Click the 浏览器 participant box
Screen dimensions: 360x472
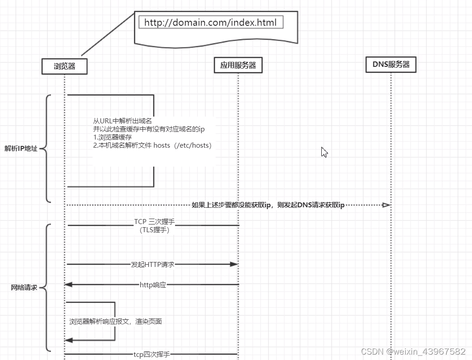tap(64, 66)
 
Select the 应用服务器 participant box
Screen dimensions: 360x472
tap(238, 65)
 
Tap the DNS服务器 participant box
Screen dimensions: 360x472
tap(391, 65)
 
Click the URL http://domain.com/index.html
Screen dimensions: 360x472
tap(211, 23)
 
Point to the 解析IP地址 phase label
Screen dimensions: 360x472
tap(21, 149)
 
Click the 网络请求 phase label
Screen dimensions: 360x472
tap(24, 287)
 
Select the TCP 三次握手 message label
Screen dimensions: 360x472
tap(154, 222)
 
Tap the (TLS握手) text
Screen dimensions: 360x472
tap(154, 229)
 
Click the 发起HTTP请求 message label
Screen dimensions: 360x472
tap(153, 264)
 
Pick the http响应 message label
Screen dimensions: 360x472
tap(153, 285)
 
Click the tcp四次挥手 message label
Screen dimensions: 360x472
tap(152, 355)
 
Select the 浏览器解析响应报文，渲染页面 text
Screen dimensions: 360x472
tap(116, 322)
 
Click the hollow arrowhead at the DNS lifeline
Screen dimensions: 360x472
tap(386, 205)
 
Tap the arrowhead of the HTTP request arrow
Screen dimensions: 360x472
tap(234, 264)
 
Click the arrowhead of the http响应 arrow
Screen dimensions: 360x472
tap(68, 285)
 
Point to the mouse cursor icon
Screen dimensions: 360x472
tap(324, 152)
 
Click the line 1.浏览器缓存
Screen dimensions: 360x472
tap(112, 137)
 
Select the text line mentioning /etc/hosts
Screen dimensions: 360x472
tap(152, 145)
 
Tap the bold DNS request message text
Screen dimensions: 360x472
tap(268, 205)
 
